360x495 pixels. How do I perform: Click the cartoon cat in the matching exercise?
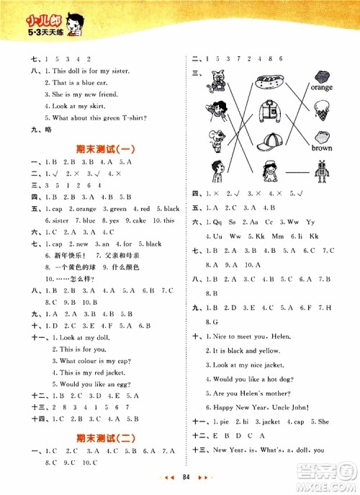tap(217, 81)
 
